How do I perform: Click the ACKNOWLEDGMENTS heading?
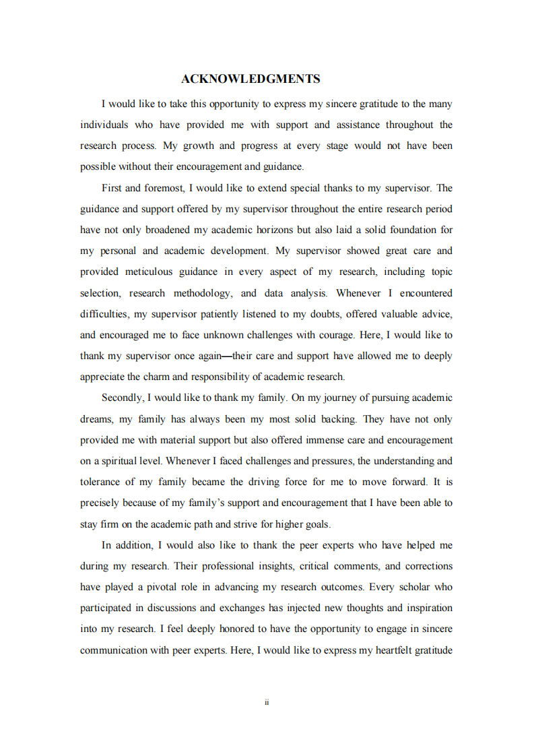251,79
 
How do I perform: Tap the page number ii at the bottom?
267,702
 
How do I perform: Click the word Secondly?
121,398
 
